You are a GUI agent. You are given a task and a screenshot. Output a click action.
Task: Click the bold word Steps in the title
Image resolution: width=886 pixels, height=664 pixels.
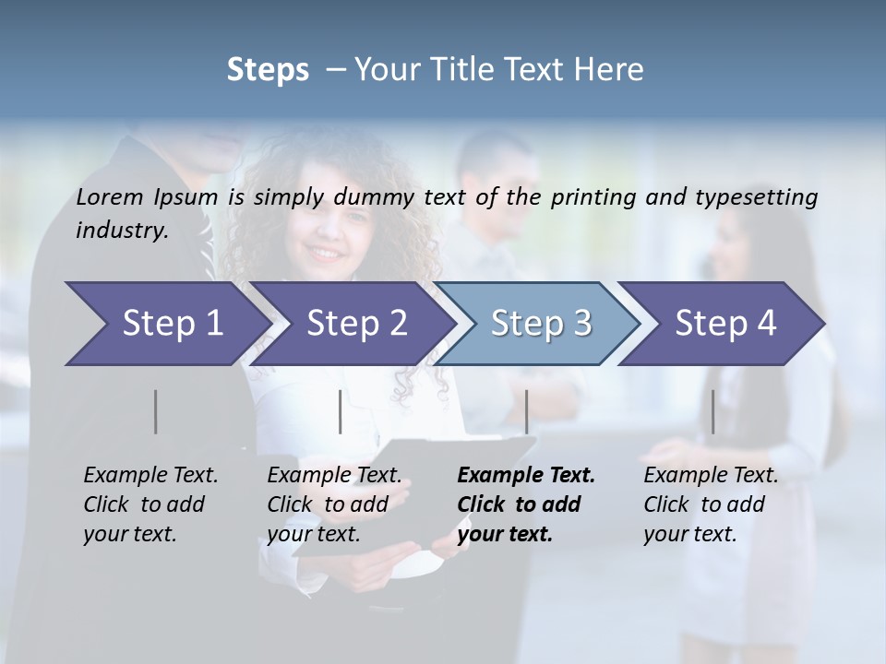tap(268, 69)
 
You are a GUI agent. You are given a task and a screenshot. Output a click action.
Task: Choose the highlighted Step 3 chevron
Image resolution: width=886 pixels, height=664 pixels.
tap(541, 324)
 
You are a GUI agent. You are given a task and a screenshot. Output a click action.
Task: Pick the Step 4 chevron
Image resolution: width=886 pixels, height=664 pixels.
tap(725, 324)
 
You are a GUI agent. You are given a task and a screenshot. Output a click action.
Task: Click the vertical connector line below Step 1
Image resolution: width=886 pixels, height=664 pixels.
tap(156, 411)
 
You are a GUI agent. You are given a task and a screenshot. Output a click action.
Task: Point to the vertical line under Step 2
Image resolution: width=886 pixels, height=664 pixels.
tap(341, 411)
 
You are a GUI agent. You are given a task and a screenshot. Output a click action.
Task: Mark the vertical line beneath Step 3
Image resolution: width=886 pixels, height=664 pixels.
tap(526, 411)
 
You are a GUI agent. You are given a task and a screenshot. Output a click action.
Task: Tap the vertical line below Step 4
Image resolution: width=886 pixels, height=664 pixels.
tap(712, 411)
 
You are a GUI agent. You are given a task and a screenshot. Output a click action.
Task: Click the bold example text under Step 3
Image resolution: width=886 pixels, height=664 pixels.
tap(525, 504)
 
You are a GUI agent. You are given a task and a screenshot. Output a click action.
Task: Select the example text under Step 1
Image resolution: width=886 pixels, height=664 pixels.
tap(150, 504)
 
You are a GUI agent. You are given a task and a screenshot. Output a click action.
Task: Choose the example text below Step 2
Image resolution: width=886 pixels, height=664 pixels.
tap(334, 504)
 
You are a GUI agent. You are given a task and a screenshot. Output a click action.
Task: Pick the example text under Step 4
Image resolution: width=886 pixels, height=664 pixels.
tap(711, 504)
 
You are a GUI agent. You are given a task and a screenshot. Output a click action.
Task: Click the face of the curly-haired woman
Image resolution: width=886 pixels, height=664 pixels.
tap(328, 231)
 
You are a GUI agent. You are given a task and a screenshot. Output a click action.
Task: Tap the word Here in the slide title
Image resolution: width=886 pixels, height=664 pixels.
tap(613, 69)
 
